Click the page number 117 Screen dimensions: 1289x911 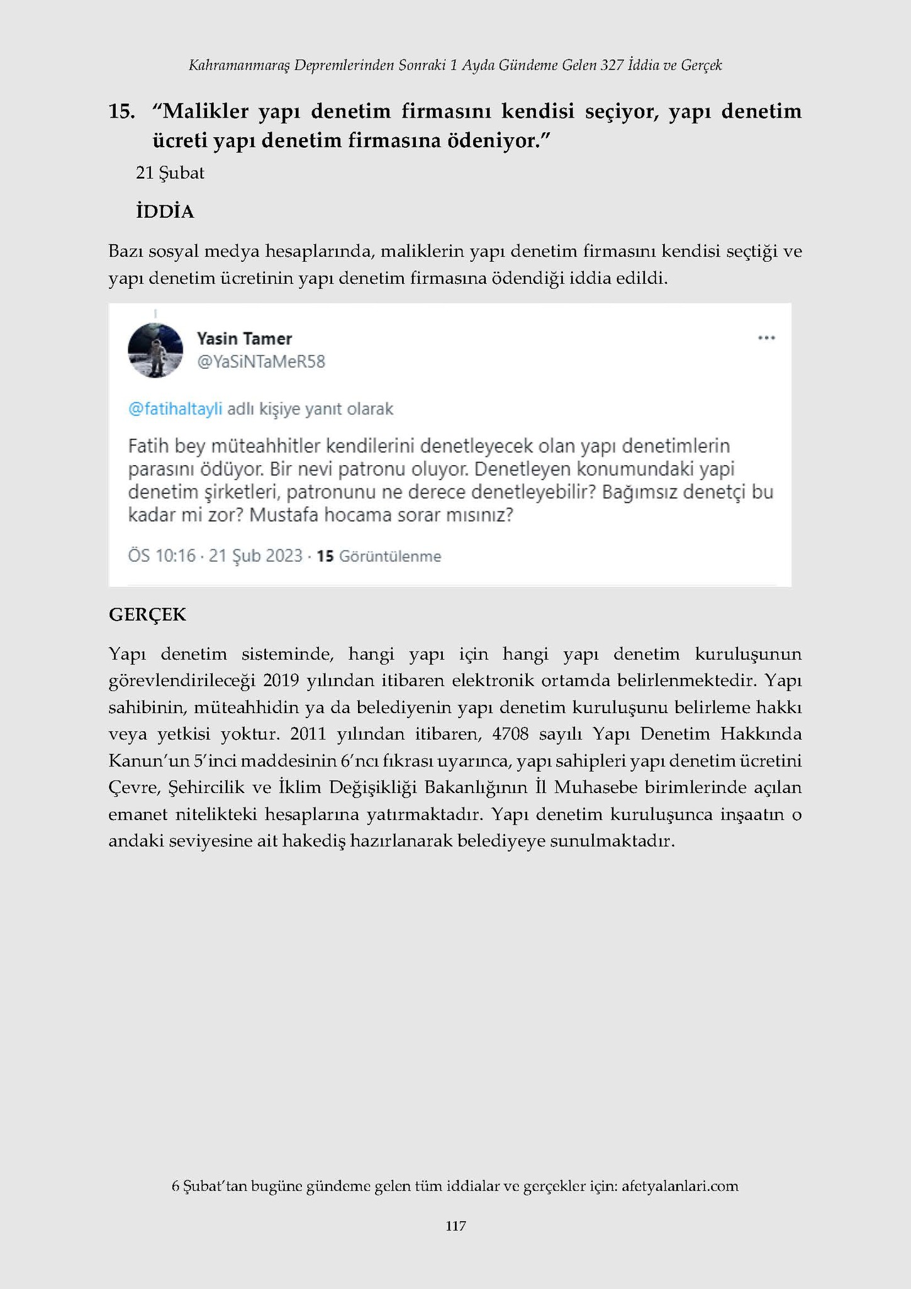point(455,1226)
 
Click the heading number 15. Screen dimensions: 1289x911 point(122,111)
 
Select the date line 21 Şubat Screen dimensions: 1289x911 point(170,173)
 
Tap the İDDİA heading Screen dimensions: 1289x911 point(165,212)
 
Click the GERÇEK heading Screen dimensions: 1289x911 point(147,614)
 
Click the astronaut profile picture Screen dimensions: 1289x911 point(155,351)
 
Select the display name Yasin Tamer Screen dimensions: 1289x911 point(244,339)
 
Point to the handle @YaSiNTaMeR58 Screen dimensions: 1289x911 point(261,362)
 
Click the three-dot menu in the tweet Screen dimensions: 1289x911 point(766,338)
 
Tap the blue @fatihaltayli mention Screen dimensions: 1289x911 point(175,409)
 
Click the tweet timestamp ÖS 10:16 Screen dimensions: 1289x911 point(162,556)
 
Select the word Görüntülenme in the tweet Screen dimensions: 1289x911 point(390,556)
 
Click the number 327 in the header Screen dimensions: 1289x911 point(612,65)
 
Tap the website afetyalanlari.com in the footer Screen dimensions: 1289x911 point(679,1186)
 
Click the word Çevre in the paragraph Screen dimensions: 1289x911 point(129,787)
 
